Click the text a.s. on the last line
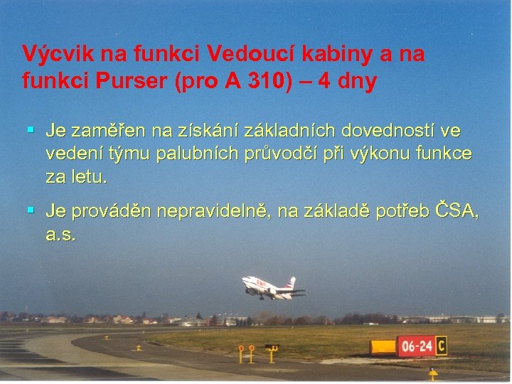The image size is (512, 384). pos(60,234)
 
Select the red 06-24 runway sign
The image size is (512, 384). pos(416,347)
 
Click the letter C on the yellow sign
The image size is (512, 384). pos(442,346)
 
